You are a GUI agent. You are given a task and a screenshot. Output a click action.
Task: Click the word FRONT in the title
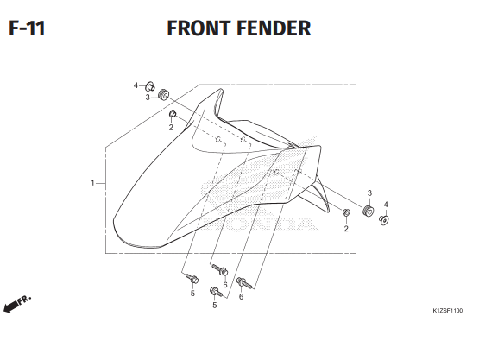coord(199,28)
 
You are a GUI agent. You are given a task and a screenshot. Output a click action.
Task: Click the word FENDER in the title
coord(274,28)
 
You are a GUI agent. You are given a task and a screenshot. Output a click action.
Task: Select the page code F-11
coord(27,28)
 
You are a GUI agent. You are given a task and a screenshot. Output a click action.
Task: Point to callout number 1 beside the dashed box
coord(92,183)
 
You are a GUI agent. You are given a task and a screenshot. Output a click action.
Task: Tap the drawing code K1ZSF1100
coord(448,311)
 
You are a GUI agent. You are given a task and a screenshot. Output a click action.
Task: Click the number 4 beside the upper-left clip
coord(136,85)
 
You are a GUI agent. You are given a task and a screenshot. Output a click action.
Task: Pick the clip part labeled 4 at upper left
coord(150,86)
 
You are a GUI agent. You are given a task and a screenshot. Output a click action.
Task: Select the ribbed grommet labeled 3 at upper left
coord(163,94)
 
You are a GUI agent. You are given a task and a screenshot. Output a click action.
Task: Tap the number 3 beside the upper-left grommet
coord(148,98)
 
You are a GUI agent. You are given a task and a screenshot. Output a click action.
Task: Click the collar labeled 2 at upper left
coord(173,114)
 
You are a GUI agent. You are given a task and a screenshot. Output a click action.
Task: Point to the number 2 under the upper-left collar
coord(171,128)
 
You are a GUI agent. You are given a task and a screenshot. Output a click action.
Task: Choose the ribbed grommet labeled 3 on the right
coord(369,211)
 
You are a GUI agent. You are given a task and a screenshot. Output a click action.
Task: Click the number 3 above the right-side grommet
coord(369,193)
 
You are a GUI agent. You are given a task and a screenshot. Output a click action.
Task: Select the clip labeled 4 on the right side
coord(384,220)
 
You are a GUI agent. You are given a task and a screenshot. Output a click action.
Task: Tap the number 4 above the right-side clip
coord(386,205)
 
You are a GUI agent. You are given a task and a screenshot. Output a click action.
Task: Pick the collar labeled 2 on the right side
coord(346,212)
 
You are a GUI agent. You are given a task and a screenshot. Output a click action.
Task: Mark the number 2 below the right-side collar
coord(346,229)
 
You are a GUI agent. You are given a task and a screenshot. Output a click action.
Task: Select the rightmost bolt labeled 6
coord(245,283)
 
